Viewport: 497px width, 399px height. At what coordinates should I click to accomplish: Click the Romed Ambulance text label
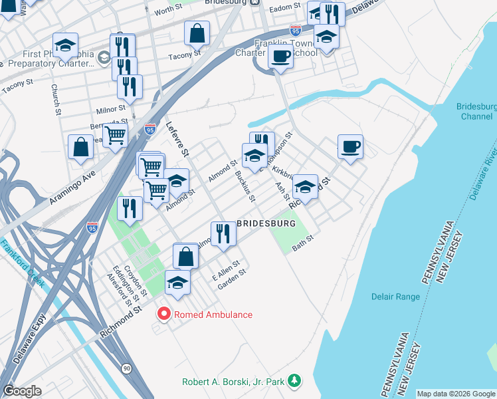click(213, 315)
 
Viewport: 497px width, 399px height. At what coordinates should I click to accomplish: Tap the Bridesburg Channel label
click(476, 112)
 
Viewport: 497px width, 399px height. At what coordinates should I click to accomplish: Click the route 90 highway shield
click(126, 368)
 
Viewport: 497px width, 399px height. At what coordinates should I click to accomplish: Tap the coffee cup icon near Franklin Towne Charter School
click(280, 57)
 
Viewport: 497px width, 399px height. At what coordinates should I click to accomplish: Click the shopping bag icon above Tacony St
click(197, 33)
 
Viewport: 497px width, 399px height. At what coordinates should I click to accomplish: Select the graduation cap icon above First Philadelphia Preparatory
click(66, 45)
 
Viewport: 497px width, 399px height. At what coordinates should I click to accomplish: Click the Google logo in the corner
click(23, 390)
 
